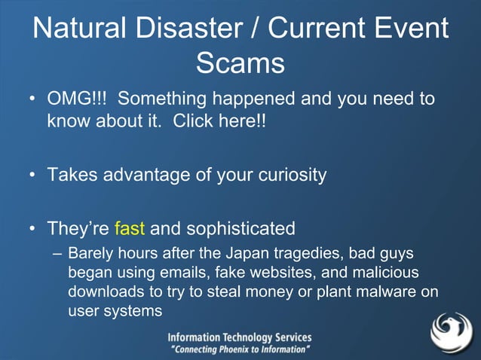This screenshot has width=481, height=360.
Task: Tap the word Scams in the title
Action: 240,63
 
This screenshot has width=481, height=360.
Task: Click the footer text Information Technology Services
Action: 239,338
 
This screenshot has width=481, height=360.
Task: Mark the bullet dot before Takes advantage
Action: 33,175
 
